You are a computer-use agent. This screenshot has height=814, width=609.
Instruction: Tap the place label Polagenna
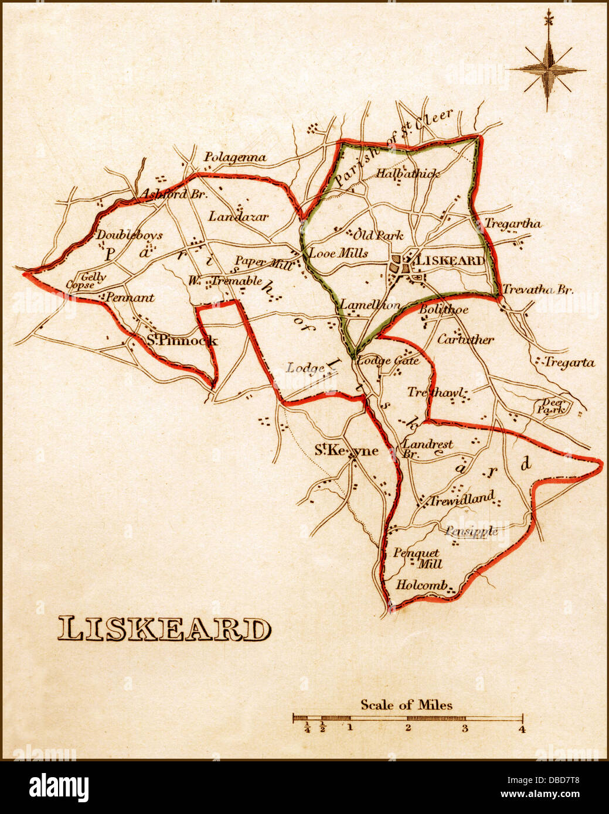pyautogui.click(x=234, y=157)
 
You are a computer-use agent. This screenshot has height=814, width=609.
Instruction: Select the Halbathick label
pyautogui.click(x=407, y=173)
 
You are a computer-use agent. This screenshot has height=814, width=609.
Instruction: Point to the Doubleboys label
pyautogui.click(x=129, y=235)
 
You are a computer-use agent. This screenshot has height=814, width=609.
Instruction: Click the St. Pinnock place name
pyautogui.click(x=182, y=340)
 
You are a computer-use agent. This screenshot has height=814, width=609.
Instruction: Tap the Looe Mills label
pyautogui.click(x=338, y=253)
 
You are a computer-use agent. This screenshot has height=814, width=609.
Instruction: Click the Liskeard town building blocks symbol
pyautogui.click(x=401, y=265)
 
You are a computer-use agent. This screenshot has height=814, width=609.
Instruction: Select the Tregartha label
pyautogui.click(x=513, y=223)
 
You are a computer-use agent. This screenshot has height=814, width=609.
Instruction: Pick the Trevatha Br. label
pyautogui.click(x=537, y=289)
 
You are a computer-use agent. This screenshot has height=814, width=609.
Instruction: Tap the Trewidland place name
pyautogui.click(x=462, y=500)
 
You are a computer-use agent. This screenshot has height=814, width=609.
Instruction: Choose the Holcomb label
pyautogui.click(x=421, y=584)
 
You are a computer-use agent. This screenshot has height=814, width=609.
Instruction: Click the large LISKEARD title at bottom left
pyautogui.click(x=164, y=630)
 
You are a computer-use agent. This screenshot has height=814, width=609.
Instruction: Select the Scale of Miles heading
pyautogui.click(x=406, y=704)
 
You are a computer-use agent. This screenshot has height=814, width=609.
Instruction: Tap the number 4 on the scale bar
pyautogui.click(x=522, y=729)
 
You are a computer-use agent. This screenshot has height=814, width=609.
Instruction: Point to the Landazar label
pyautogui.click(x=238, y=217)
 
